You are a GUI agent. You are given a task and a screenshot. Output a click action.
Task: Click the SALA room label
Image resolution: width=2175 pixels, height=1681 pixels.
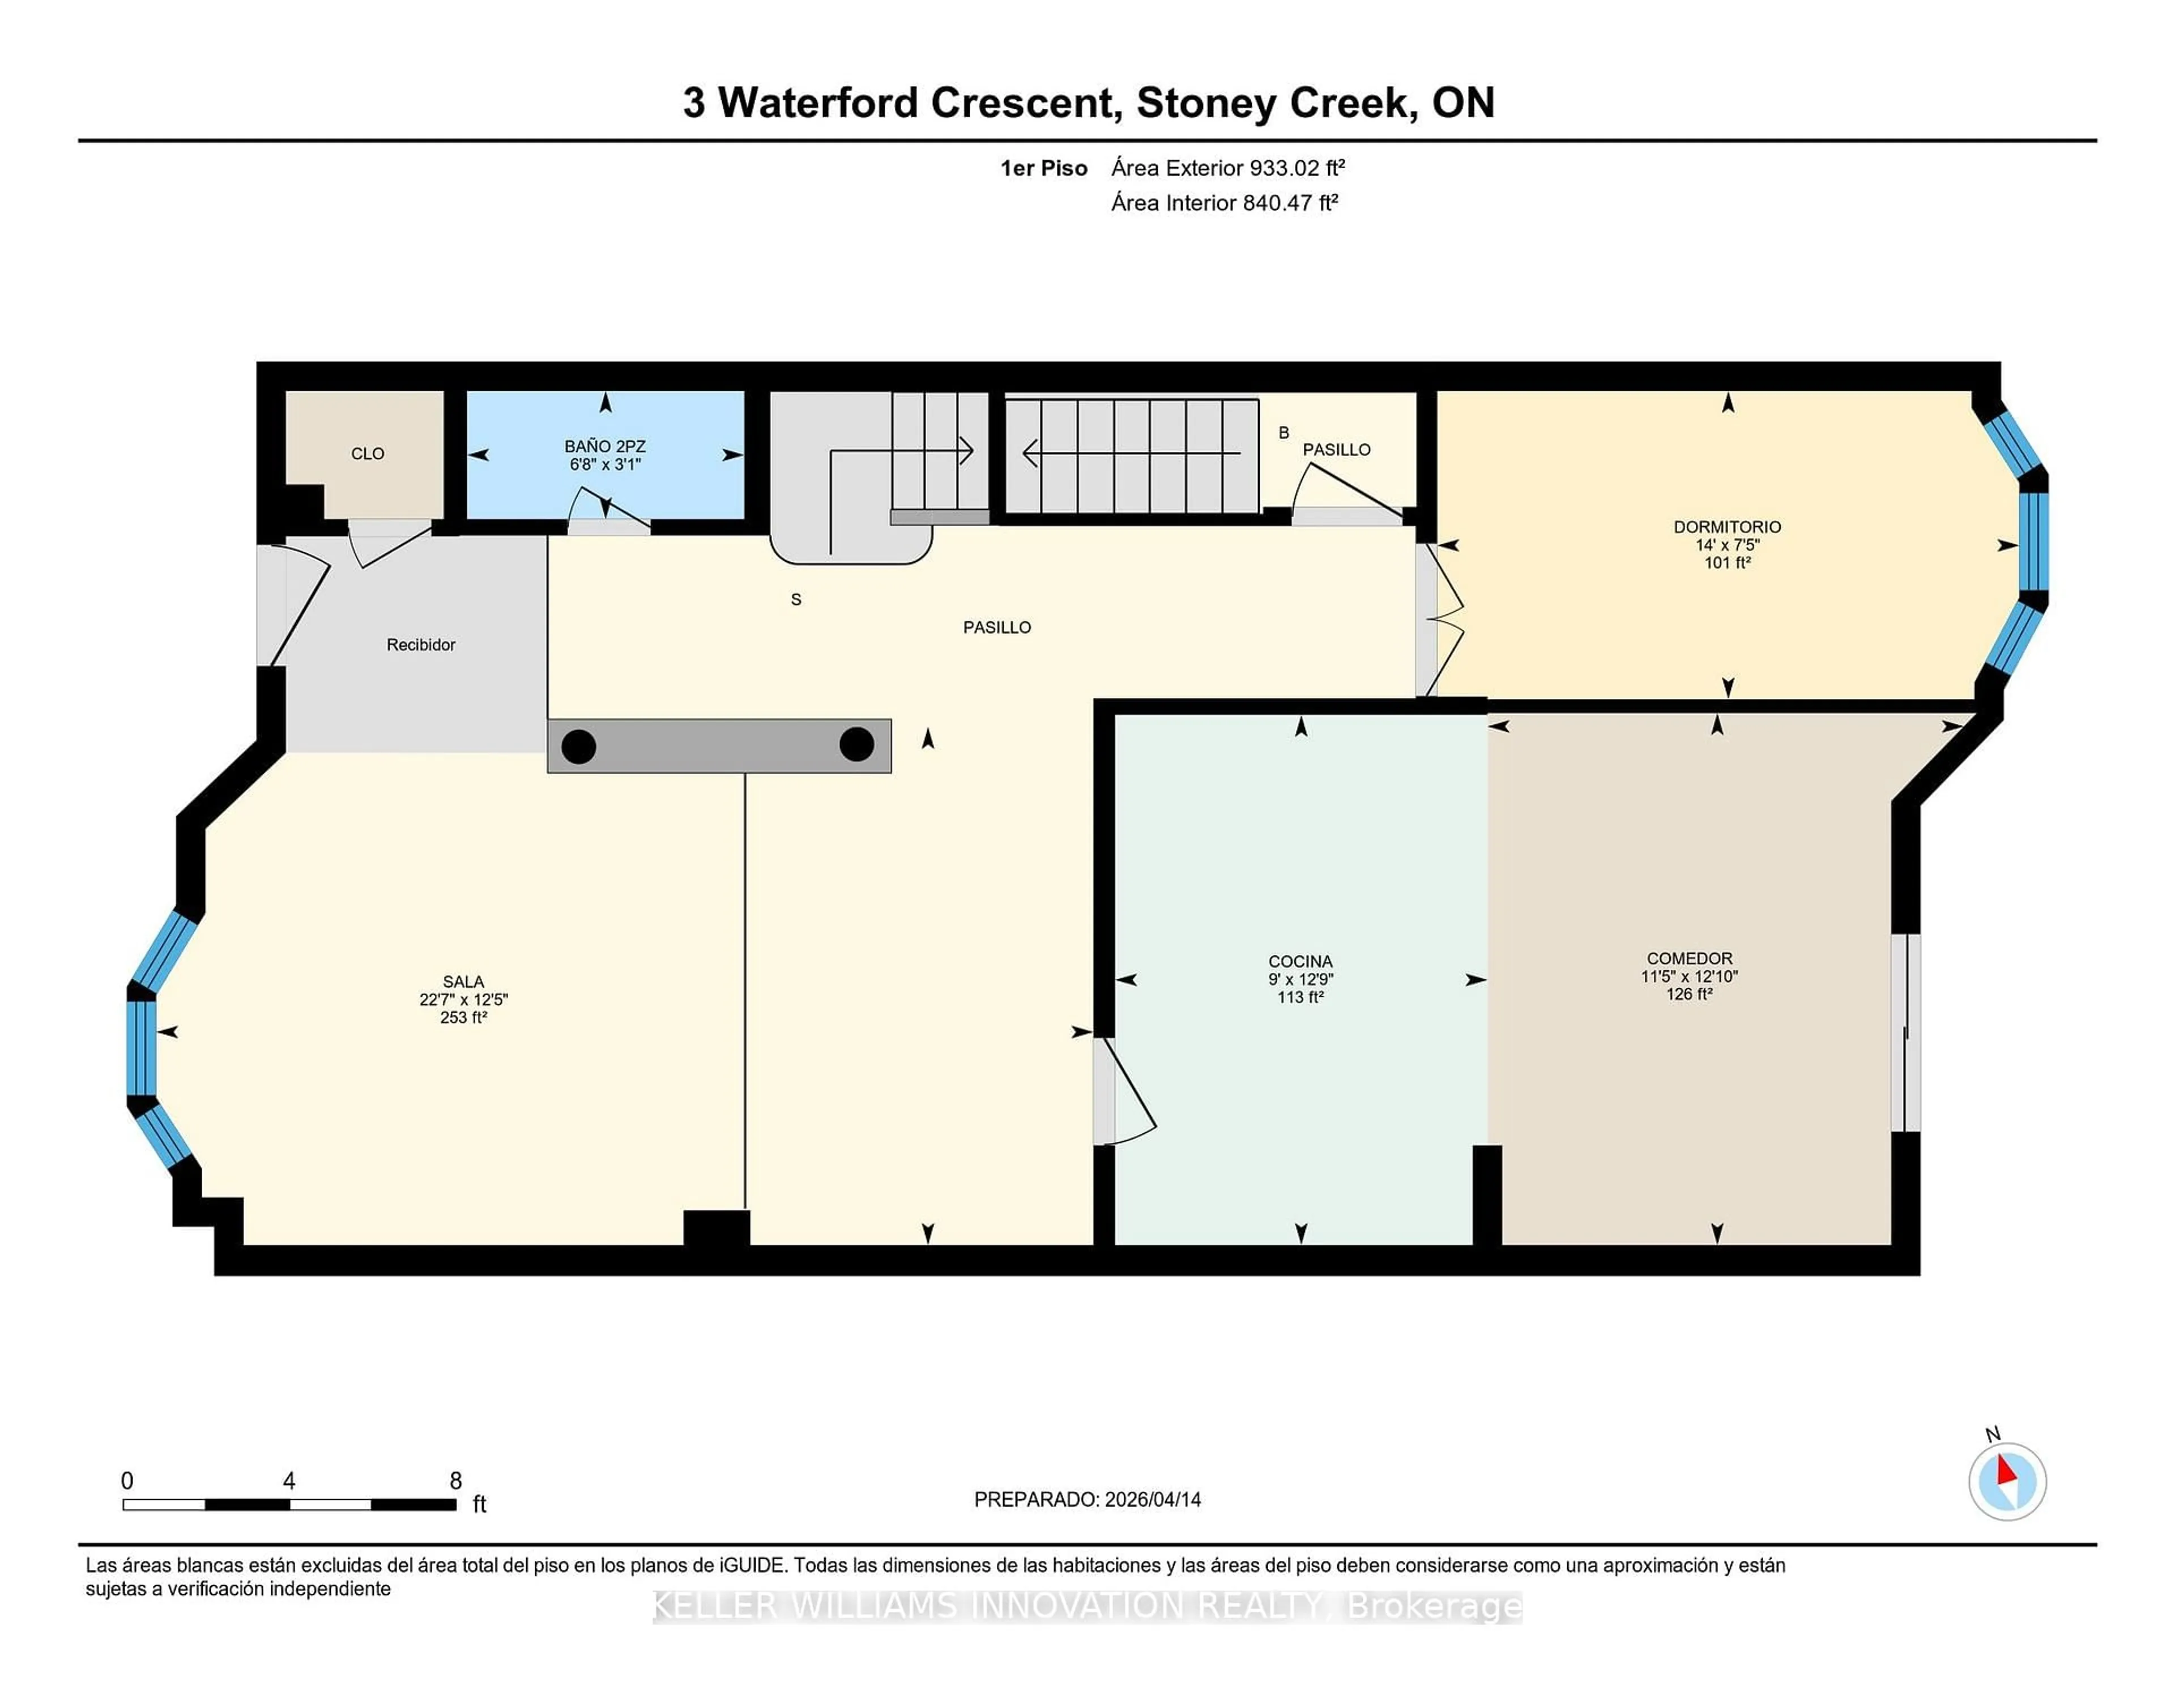point(463,982)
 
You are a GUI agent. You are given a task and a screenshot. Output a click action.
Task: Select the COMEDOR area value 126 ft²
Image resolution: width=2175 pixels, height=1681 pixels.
point(1689,994)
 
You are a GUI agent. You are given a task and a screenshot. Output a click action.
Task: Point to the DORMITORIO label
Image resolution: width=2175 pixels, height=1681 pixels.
point(1727,527)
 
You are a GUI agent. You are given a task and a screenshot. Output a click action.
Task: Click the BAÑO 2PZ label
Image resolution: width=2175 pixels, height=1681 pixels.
point(604,446)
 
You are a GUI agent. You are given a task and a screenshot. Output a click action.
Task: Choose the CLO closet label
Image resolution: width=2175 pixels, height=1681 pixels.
point(368,454)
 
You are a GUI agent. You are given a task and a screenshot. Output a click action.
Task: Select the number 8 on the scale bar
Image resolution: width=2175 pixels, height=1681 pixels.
point(455,1481)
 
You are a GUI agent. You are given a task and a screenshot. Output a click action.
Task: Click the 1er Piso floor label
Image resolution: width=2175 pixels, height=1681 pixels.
point(1044,168)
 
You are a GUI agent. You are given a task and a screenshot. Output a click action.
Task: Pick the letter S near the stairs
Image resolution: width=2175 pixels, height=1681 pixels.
point(796,599)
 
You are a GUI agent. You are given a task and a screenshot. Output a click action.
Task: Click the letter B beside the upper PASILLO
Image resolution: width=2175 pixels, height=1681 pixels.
point(1283,432)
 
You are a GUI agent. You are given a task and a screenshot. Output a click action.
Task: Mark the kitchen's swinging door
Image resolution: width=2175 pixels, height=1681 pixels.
point(1125,1090)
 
